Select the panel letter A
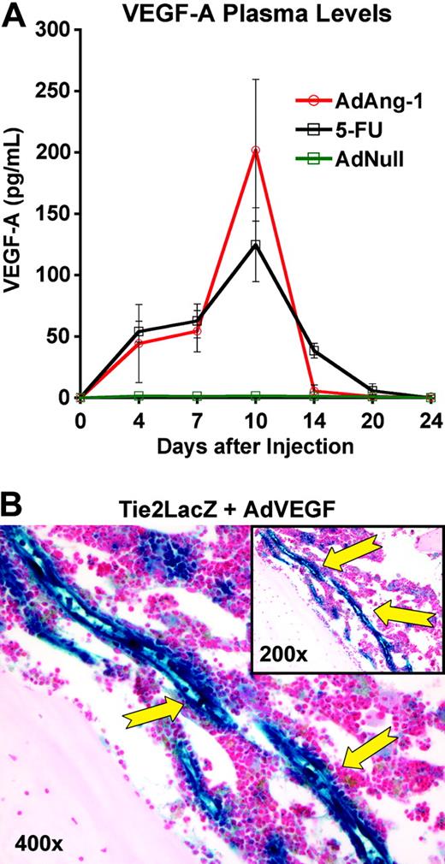tap(15, 15)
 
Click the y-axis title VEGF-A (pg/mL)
tap(16, 214)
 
